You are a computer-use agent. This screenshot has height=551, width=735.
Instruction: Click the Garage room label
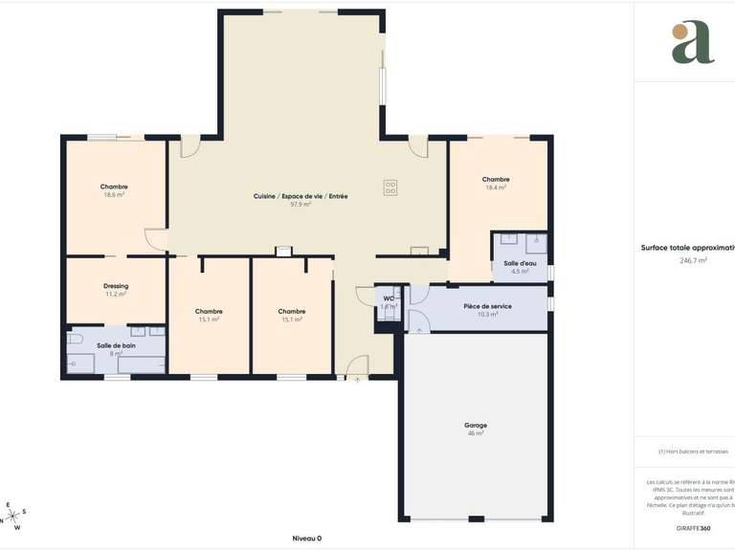pos(476,425)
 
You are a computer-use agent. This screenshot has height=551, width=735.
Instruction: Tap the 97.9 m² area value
pos(301,204)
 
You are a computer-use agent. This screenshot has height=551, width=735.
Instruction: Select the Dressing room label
pos(116,285)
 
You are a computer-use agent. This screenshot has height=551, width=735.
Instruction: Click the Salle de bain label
pos(116,345)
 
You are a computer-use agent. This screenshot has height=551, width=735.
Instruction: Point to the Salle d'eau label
pos(521,263)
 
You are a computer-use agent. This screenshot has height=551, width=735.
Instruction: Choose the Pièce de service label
pos(487,306)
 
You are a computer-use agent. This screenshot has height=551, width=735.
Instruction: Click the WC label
pos(389,298)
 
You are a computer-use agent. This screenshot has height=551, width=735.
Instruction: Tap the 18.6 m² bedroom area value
pos(114,194)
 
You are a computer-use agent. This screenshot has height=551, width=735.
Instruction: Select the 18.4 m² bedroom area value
pos(496,187)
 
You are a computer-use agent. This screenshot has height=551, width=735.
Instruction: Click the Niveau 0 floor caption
pos(307,539)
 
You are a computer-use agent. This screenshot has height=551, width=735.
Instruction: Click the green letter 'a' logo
pos(693,42)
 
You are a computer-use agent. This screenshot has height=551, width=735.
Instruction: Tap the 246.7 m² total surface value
pos(693,260)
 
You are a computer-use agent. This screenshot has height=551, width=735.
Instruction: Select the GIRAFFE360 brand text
pos(692,528)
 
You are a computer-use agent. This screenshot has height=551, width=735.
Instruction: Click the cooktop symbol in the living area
pos(390,187)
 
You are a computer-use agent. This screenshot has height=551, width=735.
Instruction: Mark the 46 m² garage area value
pos(476,433)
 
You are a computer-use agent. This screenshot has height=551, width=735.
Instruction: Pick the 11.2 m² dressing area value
pos(116,294)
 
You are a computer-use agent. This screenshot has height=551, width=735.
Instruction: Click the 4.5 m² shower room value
pos(521,272)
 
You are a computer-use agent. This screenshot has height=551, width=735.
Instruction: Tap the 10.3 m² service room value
pos(487,315)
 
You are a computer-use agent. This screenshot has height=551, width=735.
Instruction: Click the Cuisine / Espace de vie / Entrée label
pos(301,195)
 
